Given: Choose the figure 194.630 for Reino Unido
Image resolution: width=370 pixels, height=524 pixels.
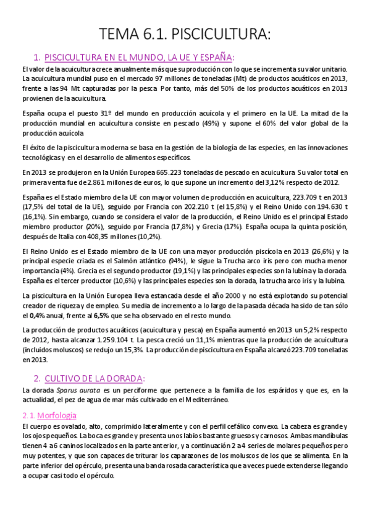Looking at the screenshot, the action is click(x=333, y=207).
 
